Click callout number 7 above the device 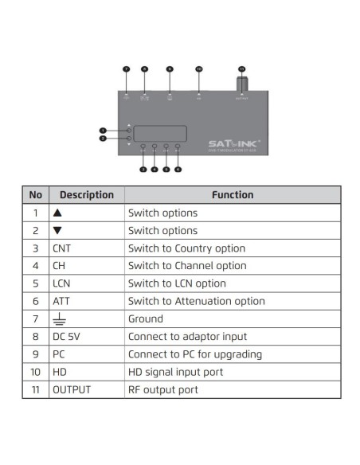pyautogui.click(x=126, y=69)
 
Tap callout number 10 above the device pyautogui.click(x=198, y=69)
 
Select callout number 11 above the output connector pyautogui.click(x=241, y=69)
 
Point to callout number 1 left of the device pyautogui.click(x=102, y=130)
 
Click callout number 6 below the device pyautogui.click(x=178, y=169)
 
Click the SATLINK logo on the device pyautogui.click(x=230, y=144)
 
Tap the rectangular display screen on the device pyautogui.click(x=160, y=134)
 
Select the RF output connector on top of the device pyautogui.click(x=241, y=84)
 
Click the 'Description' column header pyautogui.click(x=87, y=195)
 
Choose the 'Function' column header pyautogui.click(x=233, y=195)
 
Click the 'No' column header pyautogui.click(x=35, y=195)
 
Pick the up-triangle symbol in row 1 pyautogui.click(x=57, y=213)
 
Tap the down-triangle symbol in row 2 pyautogui.click(x=57, y=231)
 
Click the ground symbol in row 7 pyautogui.click(x=57, y=319)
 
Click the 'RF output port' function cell pyautogui.click(x=163, y=389)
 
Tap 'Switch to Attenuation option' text pyautogui.click(x=196, y=301)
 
